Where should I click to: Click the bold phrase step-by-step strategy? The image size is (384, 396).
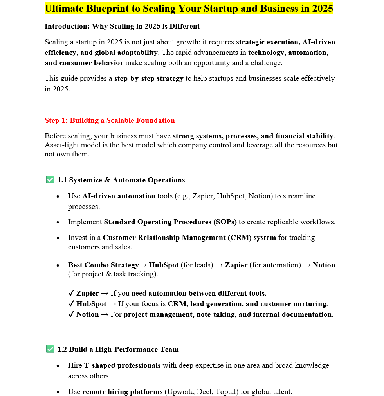[149, 78]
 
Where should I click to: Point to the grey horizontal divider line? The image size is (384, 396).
[191, 107]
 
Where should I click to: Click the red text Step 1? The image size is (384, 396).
[55, 120]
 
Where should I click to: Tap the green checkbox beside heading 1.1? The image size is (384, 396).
[50, 180]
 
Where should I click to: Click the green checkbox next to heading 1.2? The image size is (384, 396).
[50, 349]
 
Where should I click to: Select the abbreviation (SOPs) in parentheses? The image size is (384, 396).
[225, 222]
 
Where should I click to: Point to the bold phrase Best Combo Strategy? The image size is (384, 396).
[103, 265]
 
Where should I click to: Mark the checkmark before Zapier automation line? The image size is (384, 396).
[71, 293]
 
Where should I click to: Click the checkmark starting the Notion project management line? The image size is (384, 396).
[71, 314]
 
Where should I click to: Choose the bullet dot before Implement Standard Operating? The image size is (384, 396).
[58, 222]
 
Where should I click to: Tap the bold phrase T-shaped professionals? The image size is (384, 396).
[122, 365]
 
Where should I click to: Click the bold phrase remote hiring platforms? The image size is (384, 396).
[122, 392]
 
